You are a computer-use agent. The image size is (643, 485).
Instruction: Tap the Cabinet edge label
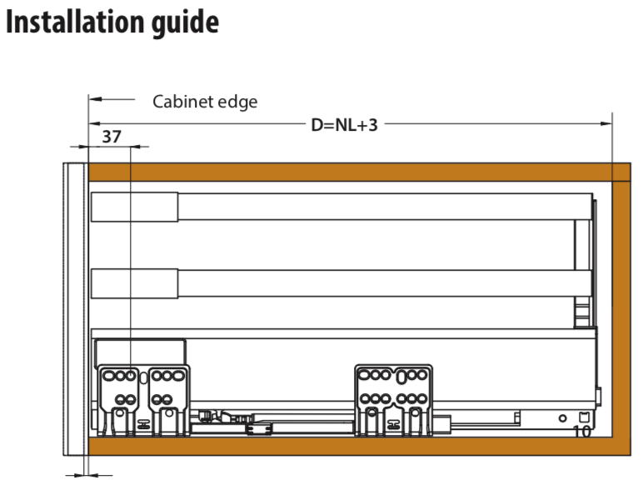click(205, 102)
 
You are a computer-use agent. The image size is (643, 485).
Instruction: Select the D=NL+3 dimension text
click(345, 125)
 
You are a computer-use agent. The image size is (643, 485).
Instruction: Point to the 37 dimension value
click(112, 137)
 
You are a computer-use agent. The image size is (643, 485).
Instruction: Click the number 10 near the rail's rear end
click(581, 432)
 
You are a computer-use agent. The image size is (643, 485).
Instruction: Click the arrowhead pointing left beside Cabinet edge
click(95, 99)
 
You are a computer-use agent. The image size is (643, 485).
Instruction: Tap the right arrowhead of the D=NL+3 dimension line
click(606, 123)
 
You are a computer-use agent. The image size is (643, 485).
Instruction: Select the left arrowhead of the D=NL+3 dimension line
click(95, 123)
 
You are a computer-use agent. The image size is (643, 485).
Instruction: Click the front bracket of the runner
click(143, 400)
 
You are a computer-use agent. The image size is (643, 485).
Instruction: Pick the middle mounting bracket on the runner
click(394, 400)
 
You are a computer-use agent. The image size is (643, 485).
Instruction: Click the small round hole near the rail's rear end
click(563, 418)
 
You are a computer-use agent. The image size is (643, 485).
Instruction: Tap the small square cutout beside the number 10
click(584, 417)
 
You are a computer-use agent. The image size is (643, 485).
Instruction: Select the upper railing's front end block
click(134, 207)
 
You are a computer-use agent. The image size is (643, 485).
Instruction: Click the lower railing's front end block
click(134, 283)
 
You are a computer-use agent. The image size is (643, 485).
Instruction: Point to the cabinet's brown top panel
click(359, 172)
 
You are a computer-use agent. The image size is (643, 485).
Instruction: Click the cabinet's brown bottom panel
click(359, 446)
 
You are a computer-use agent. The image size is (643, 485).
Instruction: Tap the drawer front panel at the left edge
click(76, 309)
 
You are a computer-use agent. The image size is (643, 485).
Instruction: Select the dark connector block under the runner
click(259, 429)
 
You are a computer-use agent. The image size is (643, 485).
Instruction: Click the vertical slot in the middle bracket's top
click(401, 377)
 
